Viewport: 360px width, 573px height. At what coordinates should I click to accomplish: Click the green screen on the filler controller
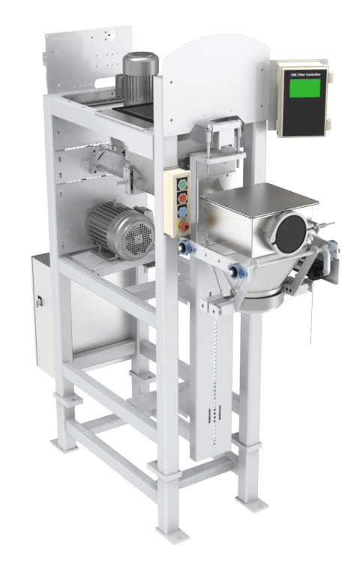[x=304, y=88]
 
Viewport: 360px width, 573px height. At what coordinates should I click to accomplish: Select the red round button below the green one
[x=181, y=197]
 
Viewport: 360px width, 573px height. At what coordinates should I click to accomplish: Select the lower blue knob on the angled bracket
[x=236, y=271]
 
